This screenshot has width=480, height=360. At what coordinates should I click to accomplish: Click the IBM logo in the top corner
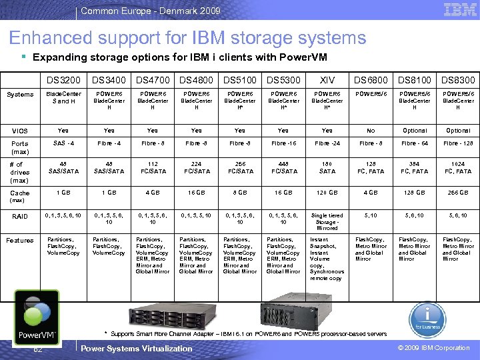459,10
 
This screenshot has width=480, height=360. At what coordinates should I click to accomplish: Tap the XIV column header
327,80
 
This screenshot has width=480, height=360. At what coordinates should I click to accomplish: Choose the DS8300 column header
457,80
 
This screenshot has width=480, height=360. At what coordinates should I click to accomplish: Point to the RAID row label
20,216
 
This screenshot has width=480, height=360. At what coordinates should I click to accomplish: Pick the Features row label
20,240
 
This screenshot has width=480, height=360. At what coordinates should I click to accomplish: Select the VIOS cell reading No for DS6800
370,131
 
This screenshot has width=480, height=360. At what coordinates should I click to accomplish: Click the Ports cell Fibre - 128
457,143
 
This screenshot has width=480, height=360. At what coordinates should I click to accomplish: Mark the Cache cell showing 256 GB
457,193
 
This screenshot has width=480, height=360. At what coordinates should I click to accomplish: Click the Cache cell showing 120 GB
327,193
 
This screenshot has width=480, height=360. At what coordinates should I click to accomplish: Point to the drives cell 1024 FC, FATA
457,167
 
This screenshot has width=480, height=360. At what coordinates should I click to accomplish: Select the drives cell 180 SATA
327,167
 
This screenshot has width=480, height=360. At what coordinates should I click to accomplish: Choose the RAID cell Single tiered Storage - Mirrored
327,221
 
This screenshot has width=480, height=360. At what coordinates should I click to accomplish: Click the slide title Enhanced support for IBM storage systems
187,38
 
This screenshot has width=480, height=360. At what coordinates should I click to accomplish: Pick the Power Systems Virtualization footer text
136,348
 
